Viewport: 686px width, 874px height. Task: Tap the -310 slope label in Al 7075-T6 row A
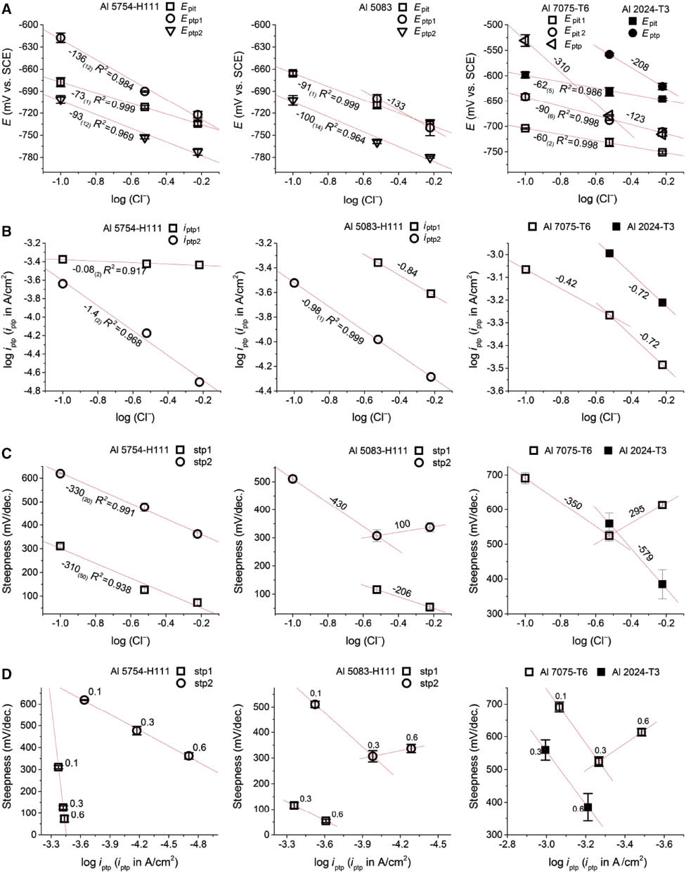pos(560,63)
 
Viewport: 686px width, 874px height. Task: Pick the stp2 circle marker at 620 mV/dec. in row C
pos(60,474)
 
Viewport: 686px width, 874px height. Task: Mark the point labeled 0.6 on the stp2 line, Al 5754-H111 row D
pos(188,756)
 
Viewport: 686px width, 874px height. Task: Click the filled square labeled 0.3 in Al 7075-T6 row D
pos(545,750)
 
